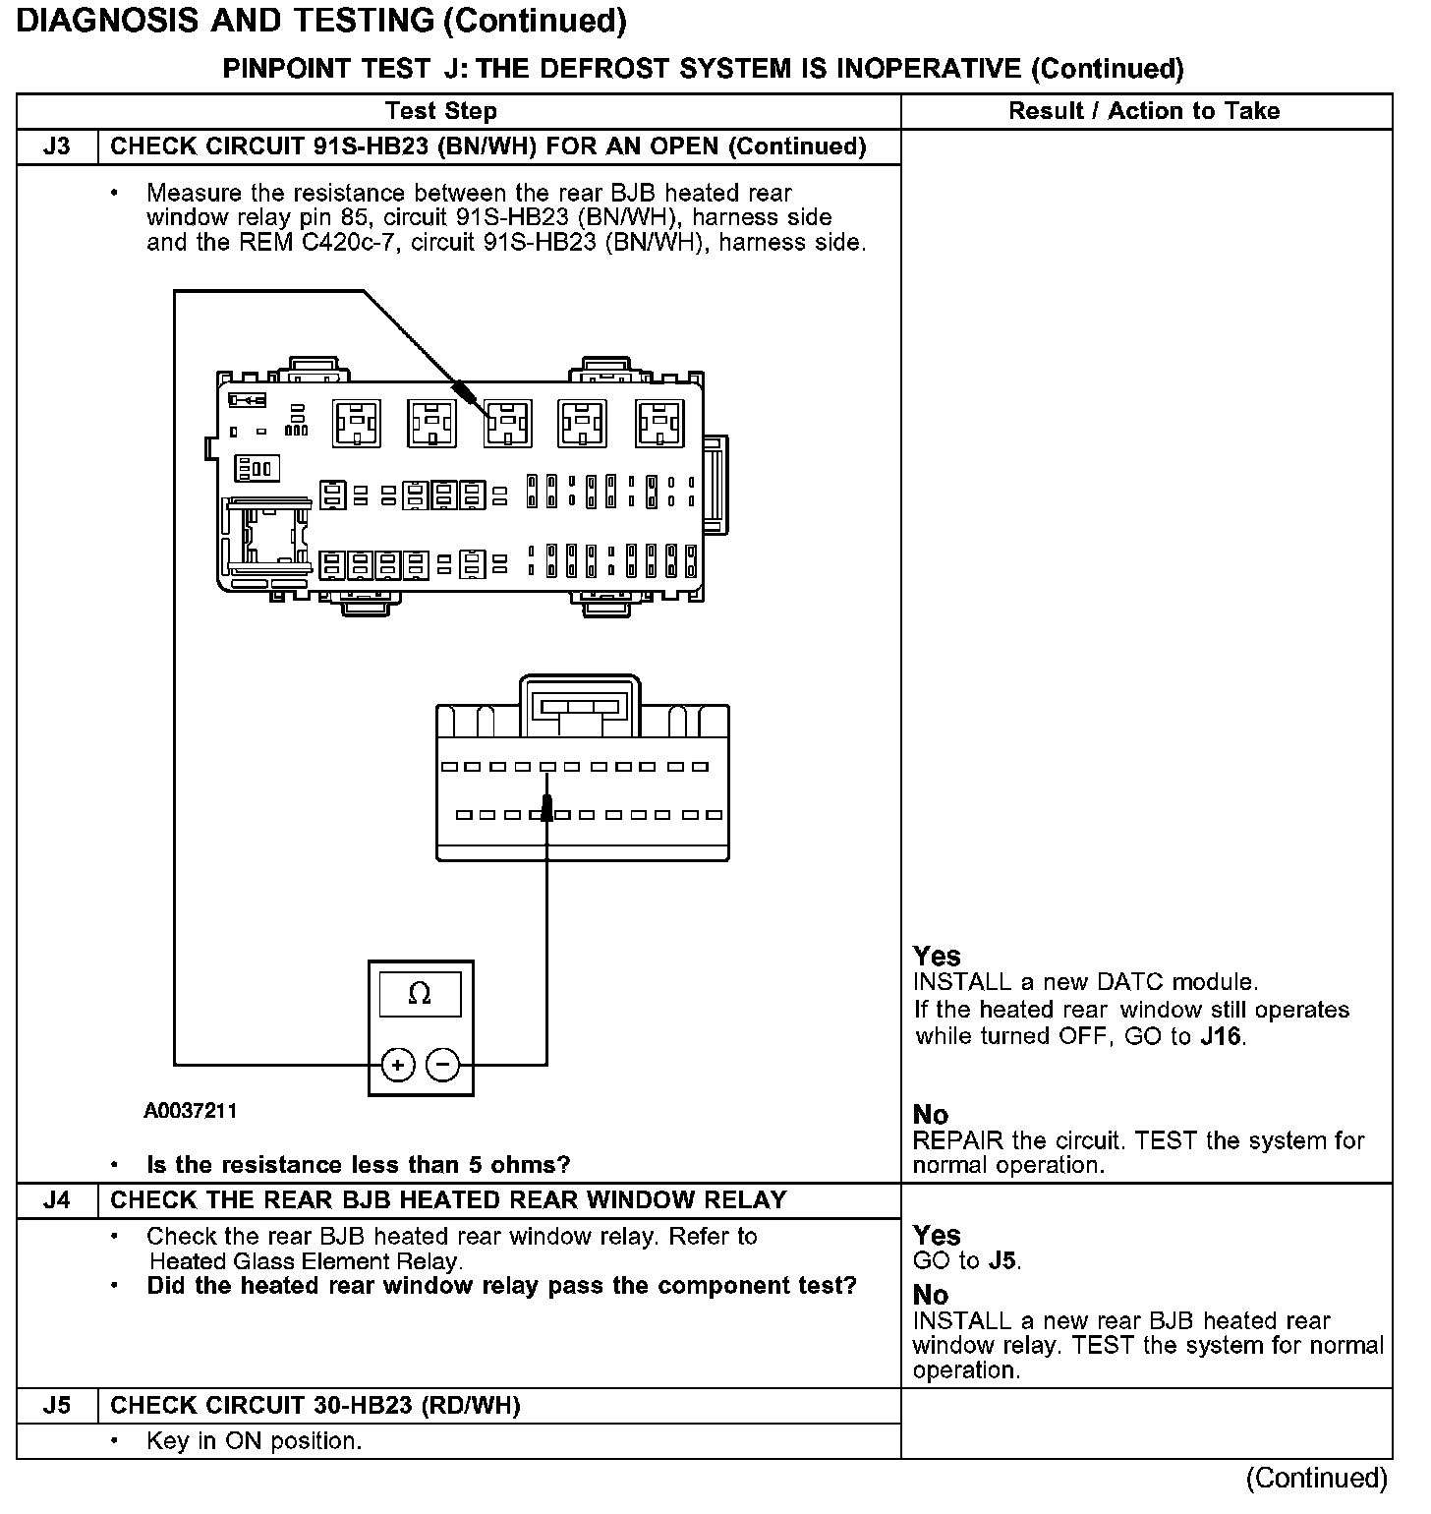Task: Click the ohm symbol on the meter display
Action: tap(420, 995)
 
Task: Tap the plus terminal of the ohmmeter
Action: tap(398, 1065)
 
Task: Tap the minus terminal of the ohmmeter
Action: tap(443, 1065)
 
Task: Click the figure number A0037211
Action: tap(191, 1111)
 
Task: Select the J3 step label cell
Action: tap(57, 146)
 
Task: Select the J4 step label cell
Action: tap(57, 1200)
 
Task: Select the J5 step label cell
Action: tap(57, 1406)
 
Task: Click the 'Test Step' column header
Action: tap(441, 111)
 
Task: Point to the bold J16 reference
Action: tap(1223, 1036)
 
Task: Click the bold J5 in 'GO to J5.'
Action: tap(1002, 1260)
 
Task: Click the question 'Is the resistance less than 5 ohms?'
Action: tap(358, 1165)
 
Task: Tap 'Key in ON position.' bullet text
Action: tap(254, 1441)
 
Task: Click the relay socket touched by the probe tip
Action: tap(507, 423)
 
